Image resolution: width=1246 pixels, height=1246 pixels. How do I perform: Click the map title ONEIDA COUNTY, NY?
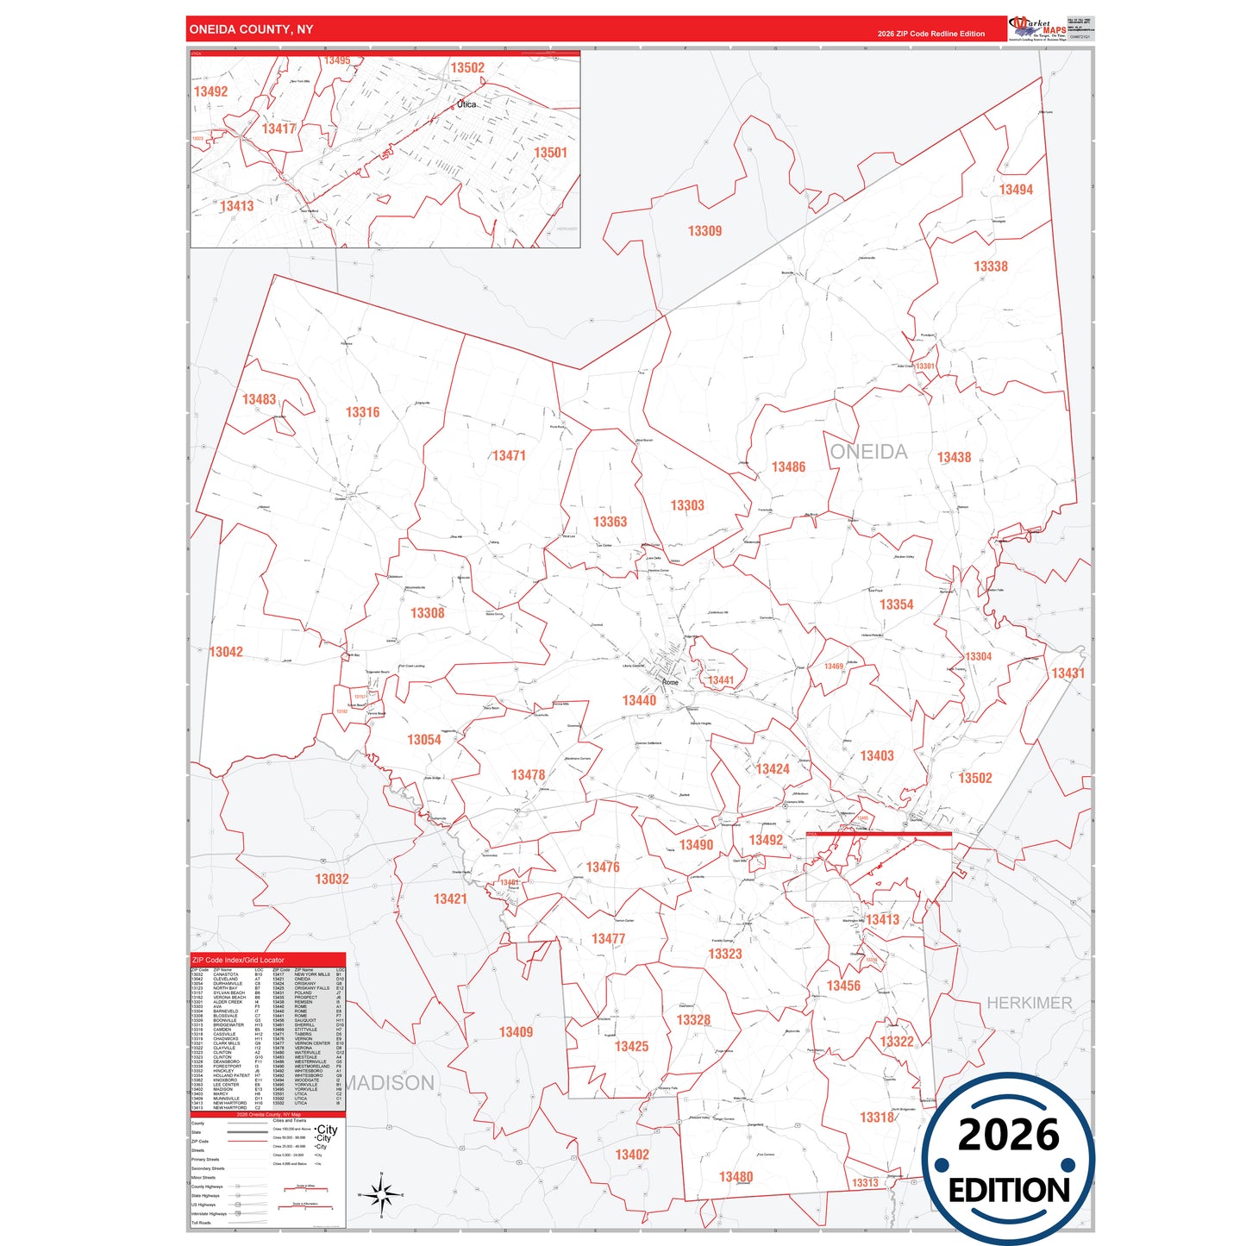pos(251,29)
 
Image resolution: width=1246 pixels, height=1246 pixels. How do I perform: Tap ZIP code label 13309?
pos(704,231)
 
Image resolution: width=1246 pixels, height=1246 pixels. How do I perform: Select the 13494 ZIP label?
pos(1016,190)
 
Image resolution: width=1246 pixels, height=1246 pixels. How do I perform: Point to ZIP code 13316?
pos(362,412)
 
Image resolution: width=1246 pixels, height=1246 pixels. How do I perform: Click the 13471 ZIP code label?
pos(509,455)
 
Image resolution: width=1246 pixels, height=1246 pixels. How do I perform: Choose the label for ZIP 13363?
pos(610,522)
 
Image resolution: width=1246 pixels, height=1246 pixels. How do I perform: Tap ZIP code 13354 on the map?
pos(896,604)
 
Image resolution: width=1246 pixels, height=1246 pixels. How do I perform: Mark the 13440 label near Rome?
pos(639,700)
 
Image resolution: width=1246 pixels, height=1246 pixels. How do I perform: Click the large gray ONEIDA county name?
pos(868,452)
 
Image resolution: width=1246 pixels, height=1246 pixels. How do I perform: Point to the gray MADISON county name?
pos(390,1083)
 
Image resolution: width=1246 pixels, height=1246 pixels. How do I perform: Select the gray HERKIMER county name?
pos(1029,1003)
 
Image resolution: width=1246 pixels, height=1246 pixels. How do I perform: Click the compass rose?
pos(381,1194)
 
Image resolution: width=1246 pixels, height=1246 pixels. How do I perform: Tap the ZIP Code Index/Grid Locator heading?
pos(238,960)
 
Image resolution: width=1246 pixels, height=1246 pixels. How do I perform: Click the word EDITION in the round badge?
pos(1009,1191)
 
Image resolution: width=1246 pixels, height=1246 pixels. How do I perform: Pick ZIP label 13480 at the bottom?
pos(736,1177)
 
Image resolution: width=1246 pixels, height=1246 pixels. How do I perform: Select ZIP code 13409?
pos(516,1032)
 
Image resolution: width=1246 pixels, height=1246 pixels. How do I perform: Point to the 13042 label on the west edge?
pos(226,652)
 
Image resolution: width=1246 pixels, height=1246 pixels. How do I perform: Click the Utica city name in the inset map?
pos(466,104)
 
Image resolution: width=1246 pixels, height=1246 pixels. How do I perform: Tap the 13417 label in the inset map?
pos(279,128)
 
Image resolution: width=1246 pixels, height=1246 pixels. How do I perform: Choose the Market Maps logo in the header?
pos(1038,28)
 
